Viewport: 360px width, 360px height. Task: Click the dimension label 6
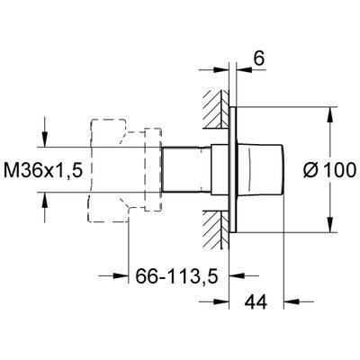[x=259, y=58]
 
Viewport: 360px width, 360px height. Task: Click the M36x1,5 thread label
[x=43, y=171]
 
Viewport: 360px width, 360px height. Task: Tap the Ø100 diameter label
[x=329, y=170]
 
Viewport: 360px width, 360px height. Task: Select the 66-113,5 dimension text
[x=176, y=276]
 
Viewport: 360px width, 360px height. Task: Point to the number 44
[x=256, y=301]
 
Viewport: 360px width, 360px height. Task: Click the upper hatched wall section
[x=215, y=109]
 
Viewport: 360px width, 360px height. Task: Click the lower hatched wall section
[x=215, y=229]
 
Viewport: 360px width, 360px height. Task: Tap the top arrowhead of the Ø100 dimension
[x=330, y=114]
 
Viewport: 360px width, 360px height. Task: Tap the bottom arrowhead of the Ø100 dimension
[x=330, y=225]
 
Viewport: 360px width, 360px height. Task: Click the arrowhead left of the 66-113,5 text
[x=121, y=275]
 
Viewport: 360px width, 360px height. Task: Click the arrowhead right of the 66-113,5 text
[x=237, y=275]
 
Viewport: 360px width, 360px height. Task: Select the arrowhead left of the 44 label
[x=221, y=301]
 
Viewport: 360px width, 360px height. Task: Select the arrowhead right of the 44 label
[x=292, y=301]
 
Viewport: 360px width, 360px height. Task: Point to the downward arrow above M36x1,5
[x=45, y=139]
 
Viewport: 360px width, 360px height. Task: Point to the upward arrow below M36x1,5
[x=45, y=200]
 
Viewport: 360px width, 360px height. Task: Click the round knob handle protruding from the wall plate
[x=260, y=169]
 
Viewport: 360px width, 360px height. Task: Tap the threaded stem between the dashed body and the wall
[x=186, y=169]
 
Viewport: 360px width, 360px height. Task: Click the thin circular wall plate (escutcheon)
[x=233, y=169]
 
